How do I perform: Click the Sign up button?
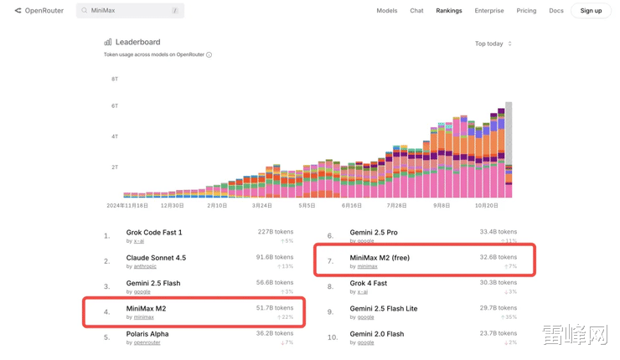591,11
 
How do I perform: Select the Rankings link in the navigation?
449,11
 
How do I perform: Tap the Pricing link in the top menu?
526,11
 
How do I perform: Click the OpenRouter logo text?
44,11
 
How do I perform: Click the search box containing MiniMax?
130,11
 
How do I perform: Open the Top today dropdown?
493,44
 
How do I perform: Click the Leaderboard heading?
137,42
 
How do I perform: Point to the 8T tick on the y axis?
115,80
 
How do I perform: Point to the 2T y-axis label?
115,167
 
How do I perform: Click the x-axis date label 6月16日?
352,205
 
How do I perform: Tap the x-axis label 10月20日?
487,205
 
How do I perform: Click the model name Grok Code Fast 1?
154,233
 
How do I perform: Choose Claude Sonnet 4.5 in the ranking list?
156,258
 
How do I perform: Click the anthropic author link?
145,266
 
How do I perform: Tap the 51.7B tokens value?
275,308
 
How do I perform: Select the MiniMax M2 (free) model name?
380,258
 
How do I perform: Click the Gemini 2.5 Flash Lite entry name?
384,309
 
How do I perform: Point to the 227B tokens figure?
276,232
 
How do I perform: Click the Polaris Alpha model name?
147,334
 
